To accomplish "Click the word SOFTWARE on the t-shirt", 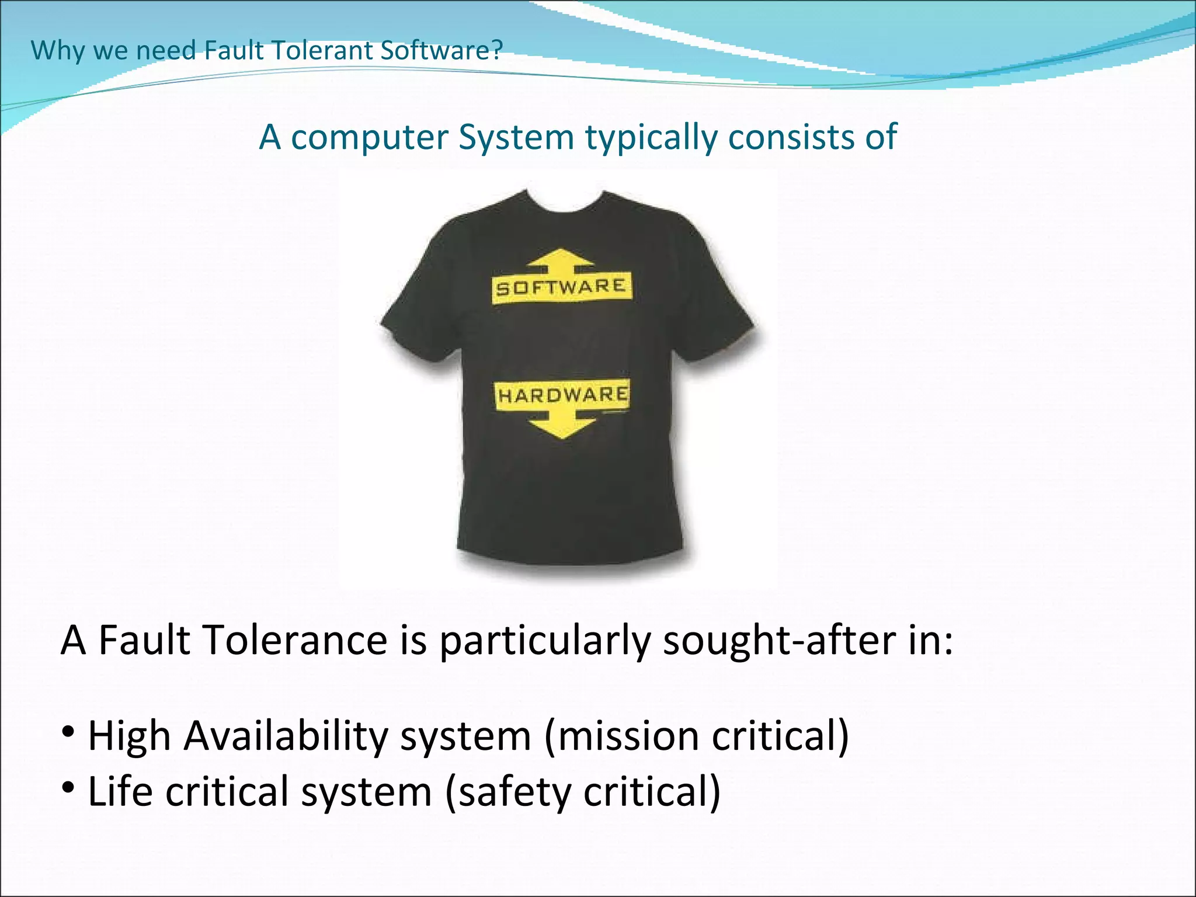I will click(561, 287).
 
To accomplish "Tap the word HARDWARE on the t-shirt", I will click(562, 395).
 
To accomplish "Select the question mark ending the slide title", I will click(497, 50).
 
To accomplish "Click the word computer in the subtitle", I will click(370, 138).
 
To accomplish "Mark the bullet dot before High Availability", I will click(68, 731).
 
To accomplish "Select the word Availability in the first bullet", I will click(286, 736).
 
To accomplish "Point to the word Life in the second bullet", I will click(120, 792).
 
